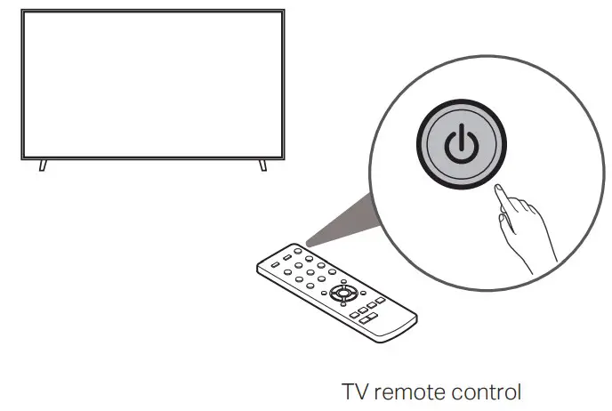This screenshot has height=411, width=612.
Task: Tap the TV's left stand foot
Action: [43, 165]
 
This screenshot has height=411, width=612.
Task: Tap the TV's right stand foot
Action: [262, 165]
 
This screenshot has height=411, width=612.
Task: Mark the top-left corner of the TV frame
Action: [20, 11]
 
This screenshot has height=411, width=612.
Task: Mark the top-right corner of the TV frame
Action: [286, 11]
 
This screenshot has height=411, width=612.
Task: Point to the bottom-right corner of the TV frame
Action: [286, 158]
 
